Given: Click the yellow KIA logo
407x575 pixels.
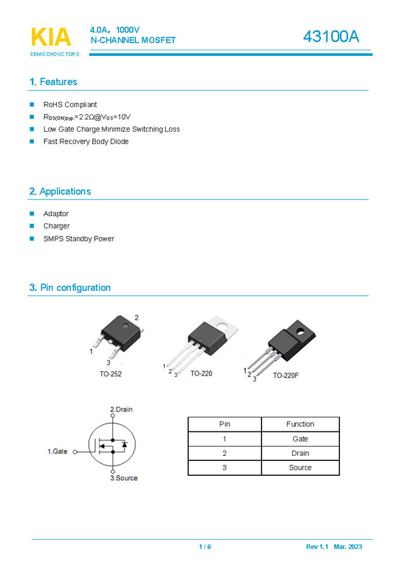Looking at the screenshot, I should [50, 37].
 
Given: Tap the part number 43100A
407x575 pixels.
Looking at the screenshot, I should [330, 37].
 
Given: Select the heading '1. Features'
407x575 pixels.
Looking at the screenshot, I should [53, 82].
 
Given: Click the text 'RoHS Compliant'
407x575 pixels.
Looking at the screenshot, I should [70, 105].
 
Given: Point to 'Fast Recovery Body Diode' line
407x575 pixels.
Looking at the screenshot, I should [86, 142].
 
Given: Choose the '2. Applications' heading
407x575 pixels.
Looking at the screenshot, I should [60, 192].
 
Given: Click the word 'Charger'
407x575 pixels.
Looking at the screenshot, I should [56, 226].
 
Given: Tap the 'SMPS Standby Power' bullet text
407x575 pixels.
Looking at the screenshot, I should [78, 239].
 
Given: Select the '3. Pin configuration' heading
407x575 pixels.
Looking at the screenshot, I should [70, 288].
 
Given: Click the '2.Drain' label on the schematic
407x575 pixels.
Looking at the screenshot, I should [121, 409].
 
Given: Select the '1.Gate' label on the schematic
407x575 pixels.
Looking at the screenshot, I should [58, 451].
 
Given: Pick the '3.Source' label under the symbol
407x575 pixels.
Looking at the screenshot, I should [124, 478].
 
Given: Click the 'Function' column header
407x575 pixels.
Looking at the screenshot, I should [300, 425].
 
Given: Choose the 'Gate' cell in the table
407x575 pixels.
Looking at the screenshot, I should [300, 439].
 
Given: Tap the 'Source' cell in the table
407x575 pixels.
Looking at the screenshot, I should [300, 468].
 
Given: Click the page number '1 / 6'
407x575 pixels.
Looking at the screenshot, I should [205, 547].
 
